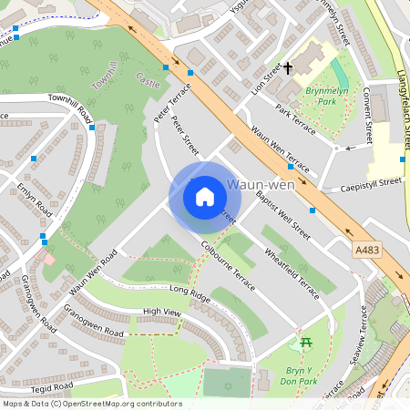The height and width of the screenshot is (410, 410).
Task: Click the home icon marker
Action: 205,197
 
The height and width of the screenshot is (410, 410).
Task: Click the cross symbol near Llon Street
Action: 288,68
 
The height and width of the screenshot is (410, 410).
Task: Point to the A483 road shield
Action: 364,247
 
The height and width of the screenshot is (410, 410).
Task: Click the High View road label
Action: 162,313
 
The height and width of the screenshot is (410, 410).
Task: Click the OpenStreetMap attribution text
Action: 91,404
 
